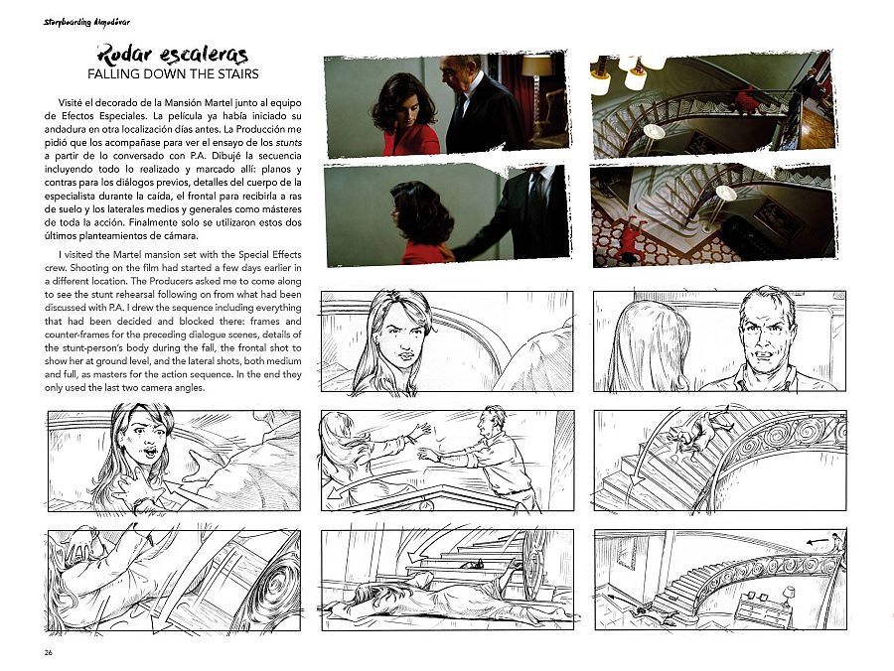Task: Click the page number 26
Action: pyautogui.click(x=48, y=653)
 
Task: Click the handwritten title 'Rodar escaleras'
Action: pyautogui.click(x=173, y=55)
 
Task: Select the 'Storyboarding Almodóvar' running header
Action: pyautogui.click(x=86, y=22)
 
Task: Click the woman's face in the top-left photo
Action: pyautogui.click(x=410, y=112)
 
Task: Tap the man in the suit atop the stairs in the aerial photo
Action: pyautogui.click(x=807, y=84)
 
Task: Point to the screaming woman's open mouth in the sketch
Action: pyautogui.click(x=149, y=453)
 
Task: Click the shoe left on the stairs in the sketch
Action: pyautogui.click(x=473, y=565)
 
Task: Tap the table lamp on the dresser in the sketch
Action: pyautogui.click(x=789, y=593)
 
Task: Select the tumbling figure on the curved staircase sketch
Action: pyautogui.click(x=694, y=433)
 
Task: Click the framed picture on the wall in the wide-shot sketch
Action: pyautogui.click(x=627, y=552)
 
